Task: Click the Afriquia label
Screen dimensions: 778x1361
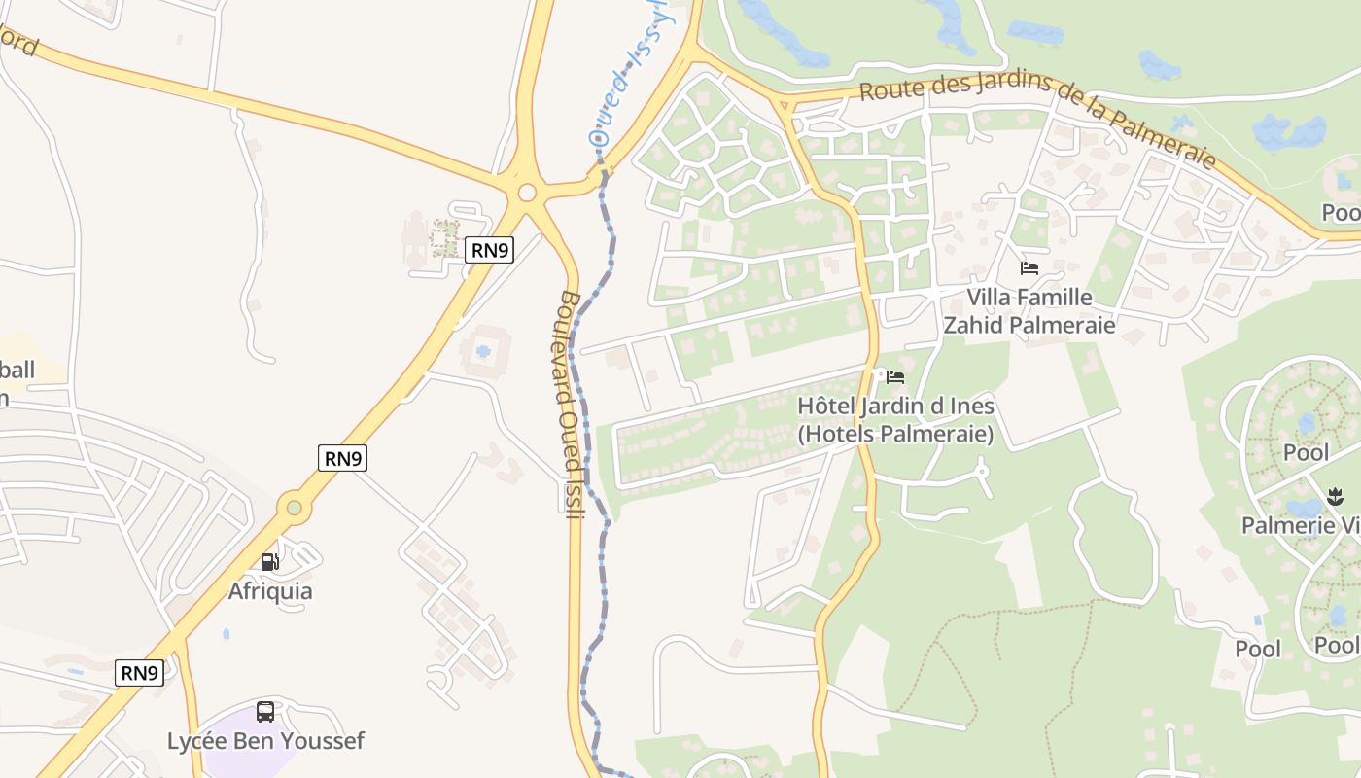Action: tap(270, 591)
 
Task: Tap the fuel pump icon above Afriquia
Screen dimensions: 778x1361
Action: tap(270, 561)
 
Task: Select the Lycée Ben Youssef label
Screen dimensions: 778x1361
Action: tap(265, 741)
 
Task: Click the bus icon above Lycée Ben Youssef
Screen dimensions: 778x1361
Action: tap(265, 712)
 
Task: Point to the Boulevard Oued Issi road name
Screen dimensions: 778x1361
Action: tap(572, 405)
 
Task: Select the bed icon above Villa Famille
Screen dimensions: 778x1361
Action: tap(1029, 268)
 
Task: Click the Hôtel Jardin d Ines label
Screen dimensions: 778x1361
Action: tap(895, 406)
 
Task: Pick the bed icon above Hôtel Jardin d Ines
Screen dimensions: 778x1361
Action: tap(895, 377)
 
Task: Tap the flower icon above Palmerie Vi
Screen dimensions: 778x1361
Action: tap(1335, 499)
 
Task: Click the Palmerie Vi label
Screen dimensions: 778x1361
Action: tap(1301, 526)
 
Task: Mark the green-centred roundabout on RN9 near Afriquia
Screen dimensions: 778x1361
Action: tap(294, 507)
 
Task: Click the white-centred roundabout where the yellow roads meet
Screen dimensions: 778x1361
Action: tap(527, 193)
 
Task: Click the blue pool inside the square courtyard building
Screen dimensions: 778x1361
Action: tap(483, 351)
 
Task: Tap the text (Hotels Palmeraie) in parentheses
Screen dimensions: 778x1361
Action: tap(895, 434)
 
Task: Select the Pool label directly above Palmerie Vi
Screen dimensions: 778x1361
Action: tap(1306, 453)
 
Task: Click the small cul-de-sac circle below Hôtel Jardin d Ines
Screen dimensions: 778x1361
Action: tap(982, 472)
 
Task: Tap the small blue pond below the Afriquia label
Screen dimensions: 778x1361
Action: tap(226, 634)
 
